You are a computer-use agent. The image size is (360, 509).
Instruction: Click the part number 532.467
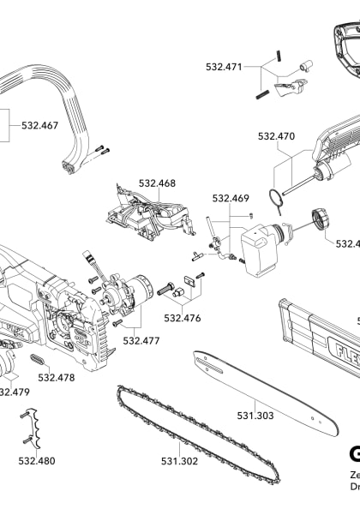coord(39,125)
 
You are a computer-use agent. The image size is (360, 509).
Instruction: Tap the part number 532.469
coord(231,199)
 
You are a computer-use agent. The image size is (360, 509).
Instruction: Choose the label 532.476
coord(182,318)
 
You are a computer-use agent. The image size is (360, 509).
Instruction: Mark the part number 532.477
coord(141,340)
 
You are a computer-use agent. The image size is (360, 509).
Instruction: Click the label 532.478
coord(57,377)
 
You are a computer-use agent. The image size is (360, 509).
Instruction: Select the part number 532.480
coord(36,460)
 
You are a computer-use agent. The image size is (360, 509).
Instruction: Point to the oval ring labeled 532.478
coord(39,359)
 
